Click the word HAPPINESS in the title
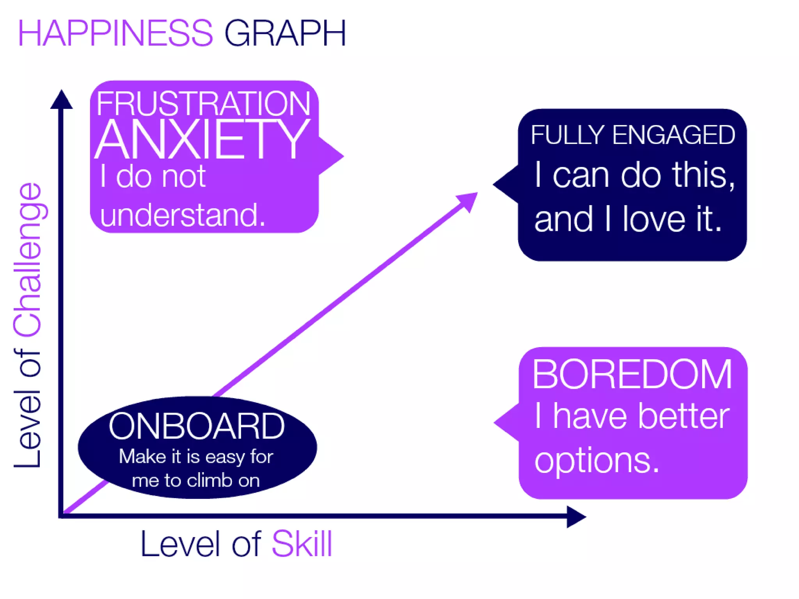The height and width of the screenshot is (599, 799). (x=115, y=34)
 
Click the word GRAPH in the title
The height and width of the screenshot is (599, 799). (x=285, y=34)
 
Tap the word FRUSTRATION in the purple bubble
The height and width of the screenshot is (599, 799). (x=203, y=103)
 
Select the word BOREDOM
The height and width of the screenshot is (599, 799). (x=632, y=374)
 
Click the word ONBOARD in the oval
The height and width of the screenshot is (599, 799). (x=197, y=426)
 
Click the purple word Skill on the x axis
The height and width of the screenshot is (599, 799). (x=302, y=544)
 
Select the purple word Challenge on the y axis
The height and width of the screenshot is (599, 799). (x=28, y=259)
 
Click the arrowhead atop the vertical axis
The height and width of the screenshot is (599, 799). (x=61, y=100)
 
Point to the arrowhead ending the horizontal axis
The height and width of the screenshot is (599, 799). (x=575, y=517)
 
